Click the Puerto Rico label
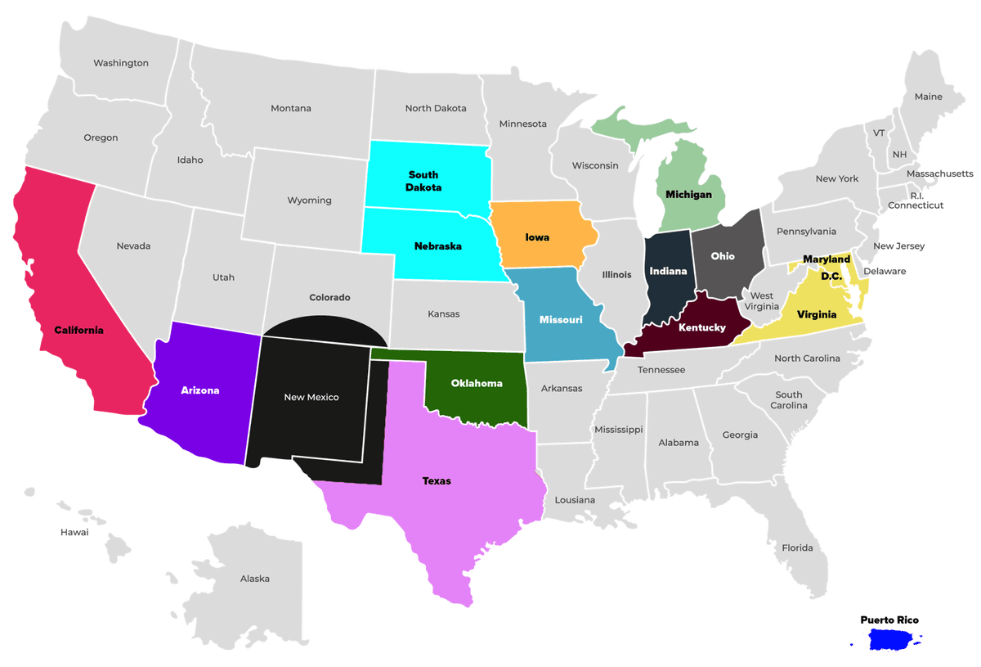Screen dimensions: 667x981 (889, 620)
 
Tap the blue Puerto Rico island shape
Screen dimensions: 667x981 (894, 640)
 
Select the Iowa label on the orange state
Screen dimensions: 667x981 (537, 237)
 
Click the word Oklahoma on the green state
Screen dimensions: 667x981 (477, 383)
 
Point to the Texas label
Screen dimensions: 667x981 (437, 480)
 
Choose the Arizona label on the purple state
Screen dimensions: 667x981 (200, 390)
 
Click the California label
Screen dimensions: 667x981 (79, 330)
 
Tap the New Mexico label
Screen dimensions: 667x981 (311, 397)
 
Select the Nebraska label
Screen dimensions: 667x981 (437, 246)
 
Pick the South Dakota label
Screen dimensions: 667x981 (423, 181)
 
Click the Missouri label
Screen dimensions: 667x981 (561, 319)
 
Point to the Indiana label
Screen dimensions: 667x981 (668, 271)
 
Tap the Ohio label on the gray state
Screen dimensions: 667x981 (723, 256)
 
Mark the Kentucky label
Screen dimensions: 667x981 (701, 327)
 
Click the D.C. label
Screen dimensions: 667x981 (831, 276)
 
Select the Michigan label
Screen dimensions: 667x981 (688, 195)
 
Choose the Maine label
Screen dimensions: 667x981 (929, 97)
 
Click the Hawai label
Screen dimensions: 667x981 (74, 532)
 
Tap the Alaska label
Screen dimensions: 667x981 (255, 579)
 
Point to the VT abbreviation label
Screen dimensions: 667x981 (879, 133)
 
